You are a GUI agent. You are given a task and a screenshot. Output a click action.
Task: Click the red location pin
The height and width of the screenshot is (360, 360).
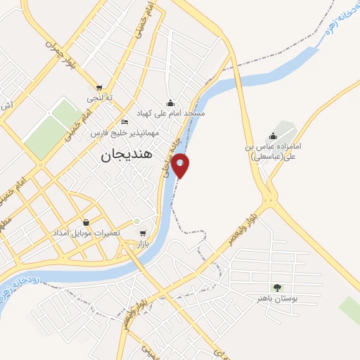181,165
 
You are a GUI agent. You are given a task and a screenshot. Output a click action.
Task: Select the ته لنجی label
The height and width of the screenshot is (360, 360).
99,98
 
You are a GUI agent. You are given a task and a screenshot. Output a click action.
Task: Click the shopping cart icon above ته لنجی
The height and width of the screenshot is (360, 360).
99,87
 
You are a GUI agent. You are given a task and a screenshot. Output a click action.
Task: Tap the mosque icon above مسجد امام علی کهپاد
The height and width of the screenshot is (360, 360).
169,102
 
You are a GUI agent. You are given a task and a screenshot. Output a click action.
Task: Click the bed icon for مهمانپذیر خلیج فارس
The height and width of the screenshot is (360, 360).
125,122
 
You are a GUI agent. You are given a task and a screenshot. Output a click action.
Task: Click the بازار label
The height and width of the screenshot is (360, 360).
143,243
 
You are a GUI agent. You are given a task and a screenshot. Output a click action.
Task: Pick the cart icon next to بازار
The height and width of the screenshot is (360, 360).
143,233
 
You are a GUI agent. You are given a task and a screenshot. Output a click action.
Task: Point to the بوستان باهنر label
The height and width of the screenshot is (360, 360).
277,298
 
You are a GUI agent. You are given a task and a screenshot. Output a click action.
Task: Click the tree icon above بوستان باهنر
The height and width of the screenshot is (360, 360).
276,288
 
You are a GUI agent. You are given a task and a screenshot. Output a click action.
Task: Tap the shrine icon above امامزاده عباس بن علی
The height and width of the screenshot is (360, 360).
273,136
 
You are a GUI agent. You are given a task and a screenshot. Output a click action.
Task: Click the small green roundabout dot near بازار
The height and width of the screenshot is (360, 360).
136,221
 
